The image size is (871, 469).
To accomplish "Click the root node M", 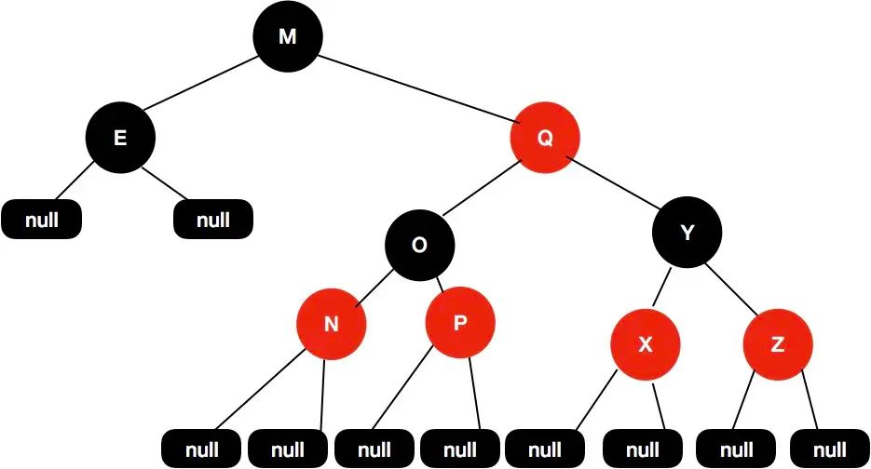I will [288, 36].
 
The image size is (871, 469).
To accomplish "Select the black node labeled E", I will [120, 138].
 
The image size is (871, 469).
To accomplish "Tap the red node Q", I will [545, 138].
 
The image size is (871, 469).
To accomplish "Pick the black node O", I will [420, 245].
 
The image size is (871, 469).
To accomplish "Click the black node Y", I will [687, 234].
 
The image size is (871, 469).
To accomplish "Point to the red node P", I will [460, 323].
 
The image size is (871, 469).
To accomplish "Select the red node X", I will [646, 345].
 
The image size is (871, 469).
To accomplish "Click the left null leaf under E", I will [41, 220].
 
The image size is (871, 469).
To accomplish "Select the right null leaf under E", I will [213, 220].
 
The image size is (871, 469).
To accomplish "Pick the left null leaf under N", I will [201, 449].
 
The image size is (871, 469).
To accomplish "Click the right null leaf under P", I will [460, 449].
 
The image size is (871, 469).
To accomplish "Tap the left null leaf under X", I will [546, 449].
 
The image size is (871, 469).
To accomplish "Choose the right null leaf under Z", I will [831, 449].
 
